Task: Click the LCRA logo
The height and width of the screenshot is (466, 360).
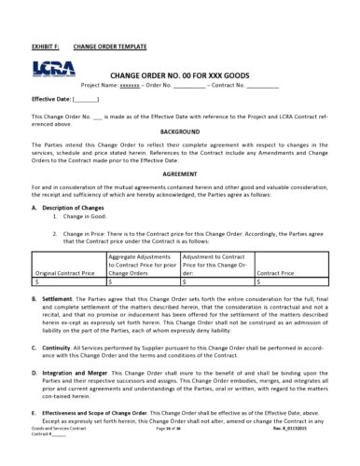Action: [x=48, y=67]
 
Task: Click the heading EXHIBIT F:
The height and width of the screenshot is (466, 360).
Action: [x=46, y=45]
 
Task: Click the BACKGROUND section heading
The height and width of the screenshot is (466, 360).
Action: [x=180, y=132]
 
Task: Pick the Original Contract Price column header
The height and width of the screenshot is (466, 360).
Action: [x=64, y=272]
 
